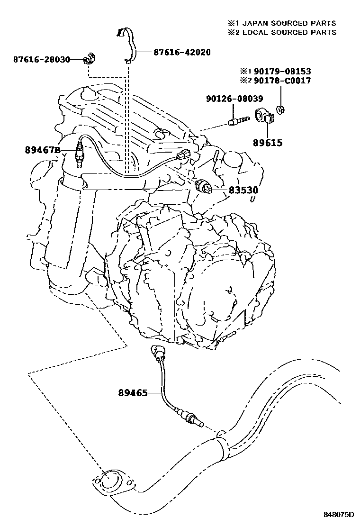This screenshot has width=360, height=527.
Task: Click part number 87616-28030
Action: [x=42, y=60]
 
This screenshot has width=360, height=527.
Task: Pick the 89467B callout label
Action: [x=43, y=151]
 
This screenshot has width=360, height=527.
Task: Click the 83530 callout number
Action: [x=244, y=190]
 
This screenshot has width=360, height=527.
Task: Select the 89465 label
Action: [x=133, y=392]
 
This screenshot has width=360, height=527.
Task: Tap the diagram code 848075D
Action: [x=339, y=514]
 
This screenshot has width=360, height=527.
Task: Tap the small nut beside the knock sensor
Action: [x=281, y=110]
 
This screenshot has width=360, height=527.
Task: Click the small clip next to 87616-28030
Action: [x=89, y=60]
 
